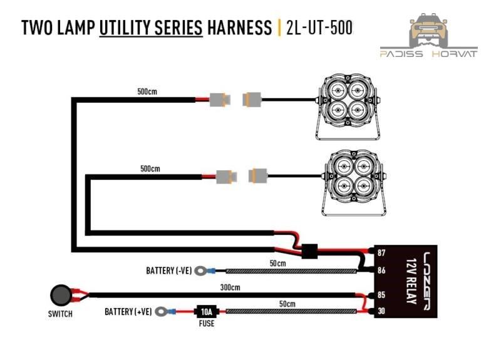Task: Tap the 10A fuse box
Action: [x=205, y=311]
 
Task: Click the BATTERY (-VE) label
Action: [x=168, y=271]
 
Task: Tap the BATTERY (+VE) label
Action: [x=128, y=311]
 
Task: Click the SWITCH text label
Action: [x=59, y=314]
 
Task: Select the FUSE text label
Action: [x=205, y=325]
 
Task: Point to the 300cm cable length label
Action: [x=231, y=287]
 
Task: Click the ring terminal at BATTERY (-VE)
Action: [x=202, y=271]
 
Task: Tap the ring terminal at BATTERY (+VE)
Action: [x=162, y=311]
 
